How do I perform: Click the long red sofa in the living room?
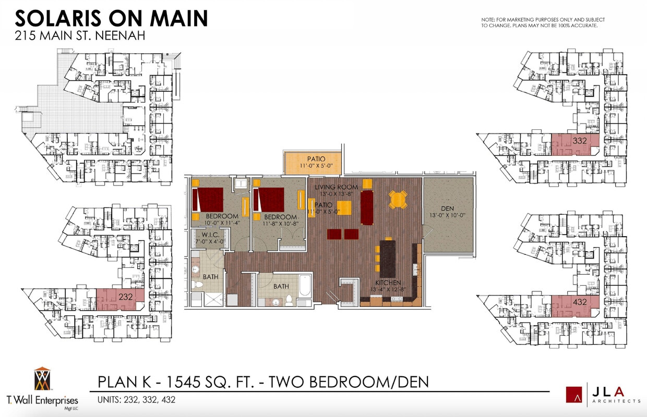tap(367, 207)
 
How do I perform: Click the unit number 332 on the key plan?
tap(579, 141)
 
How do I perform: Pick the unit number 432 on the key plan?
tap(579, 302)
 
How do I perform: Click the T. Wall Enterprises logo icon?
tap(42, 379)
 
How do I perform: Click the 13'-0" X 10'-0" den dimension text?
tap(447, 215)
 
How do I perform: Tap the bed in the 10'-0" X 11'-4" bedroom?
tap(208, 200)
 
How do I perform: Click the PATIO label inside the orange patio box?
tap(316, 159)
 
